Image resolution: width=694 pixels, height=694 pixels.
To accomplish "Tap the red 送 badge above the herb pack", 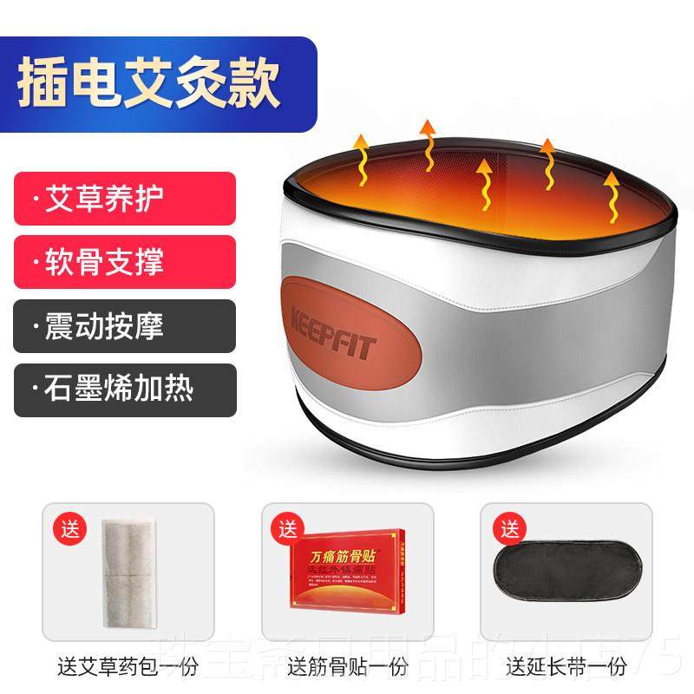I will tap(66, 526).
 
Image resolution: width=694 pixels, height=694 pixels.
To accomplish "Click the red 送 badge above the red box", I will tap(285, 526).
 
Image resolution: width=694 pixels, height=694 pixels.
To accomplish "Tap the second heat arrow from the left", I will tap(427, 147).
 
